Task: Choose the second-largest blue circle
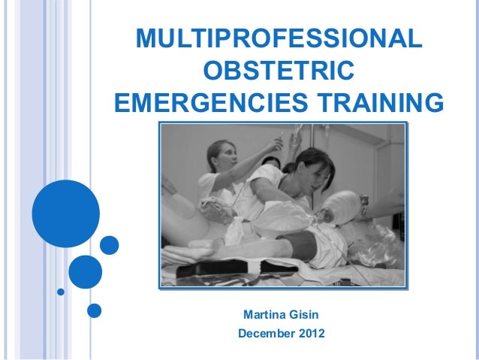point(85,271)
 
